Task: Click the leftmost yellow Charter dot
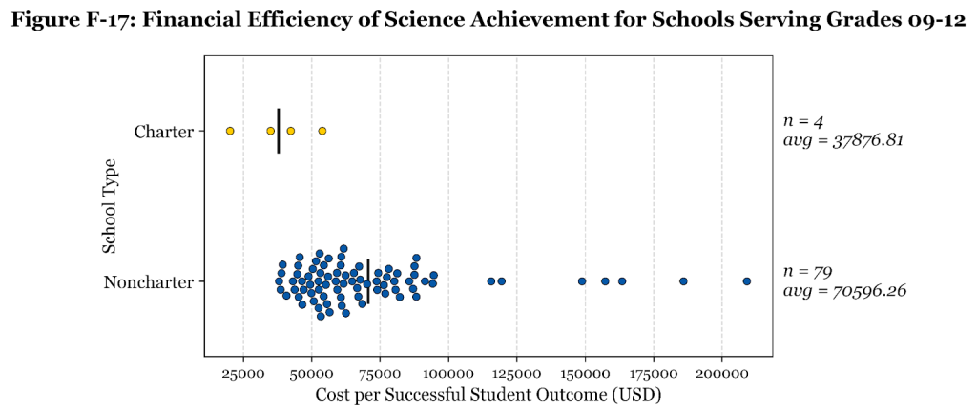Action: point(230,131)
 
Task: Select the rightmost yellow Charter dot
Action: point(322,131)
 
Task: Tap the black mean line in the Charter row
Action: point(279,131)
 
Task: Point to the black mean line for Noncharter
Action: point(368,281)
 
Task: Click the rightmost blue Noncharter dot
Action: point(747,281)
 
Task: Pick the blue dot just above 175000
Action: point(683,281)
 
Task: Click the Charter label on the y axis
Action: point(164,131)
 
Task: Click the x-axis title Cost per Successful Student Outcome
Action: point(488,394)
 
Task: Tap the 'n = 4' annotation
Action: point(796,121)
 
